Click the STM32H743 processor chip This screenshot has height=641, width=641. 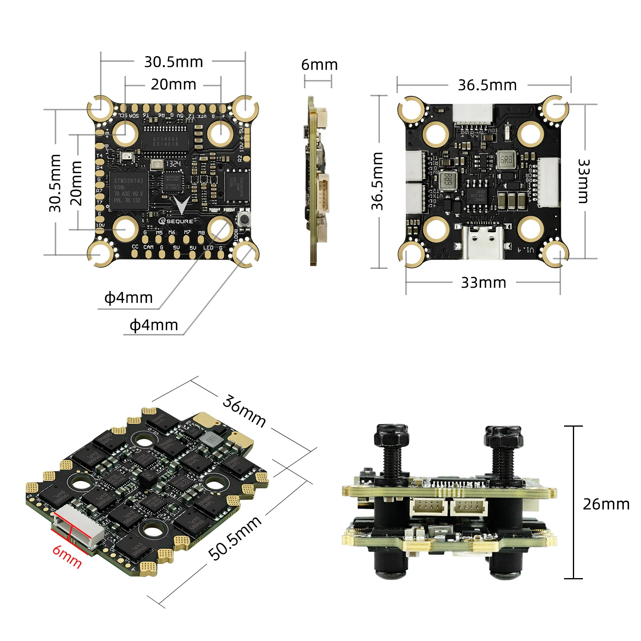129,191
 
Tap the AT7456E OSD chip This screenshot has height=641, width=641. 165,141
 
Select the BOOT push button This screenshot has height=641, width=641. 243,219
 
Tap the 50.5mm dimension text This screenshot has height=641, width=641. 235,538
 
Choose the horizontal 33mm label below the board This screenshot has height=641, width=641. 483,282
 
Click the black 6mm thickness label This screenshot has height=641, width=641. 319,65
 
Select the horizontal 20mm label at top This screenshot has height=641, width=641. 173,85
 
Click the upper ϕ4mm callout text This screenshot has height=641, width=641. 129,298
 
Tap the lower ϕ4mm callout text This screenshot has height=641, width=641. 154,325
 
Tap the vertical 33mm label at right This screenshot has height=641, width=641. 583,181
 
